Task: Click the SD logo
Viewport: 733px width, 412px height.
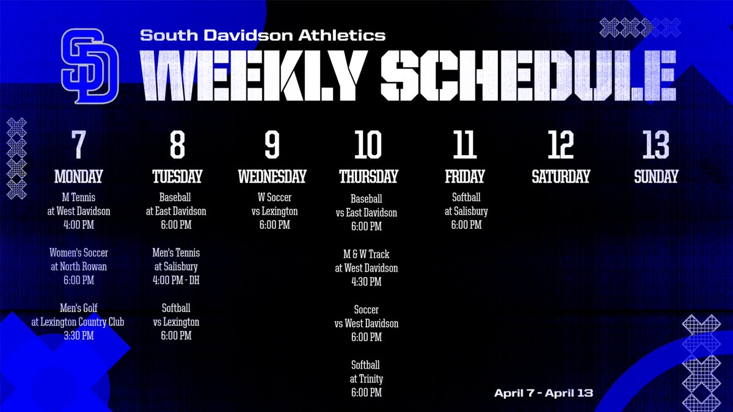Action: click(x=89, y=67)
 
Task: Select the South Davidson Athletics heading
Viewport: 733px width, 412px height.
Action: click(x=263, y=35)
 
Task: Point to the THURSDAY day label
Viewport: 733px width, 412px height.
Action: click(x=368, y=177)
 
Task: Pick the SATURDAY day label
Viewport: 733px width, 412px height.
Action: click(x=561, y=177)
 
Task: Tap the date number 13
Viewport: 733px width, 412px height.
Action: click(x=656, y=145)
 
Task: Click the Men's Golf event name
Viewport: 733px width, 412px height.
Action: click(x=78, y=308)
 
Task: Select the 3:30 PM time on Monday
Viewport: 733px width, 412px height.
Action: click(x=78, y=335)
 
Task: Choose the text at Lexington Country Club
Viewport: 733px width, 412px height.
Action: click(x=78, y=322)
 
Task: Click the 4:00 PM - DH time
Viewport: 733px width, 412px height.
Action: click(x=176, y=280)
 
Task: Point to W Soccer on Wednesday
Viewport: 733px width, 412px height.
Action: click(x=272, y=198)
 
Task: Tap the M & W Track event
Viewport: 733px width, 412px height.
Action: click(x=366, y=254)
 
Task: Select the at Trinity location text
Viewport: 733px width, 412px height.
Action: click(x=366, y=379)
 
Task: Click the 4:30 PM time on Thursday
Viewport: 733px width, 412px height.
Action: click(x=366, y=281)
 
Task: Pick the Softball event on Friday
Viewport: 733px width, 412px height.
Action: click(x=466, y=198)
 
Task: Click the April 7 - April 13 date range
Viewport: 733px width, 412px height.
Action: click(x=543, y=393)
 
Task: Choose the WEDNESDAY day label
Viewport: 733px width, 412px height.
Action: click(x=272, y=177)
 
